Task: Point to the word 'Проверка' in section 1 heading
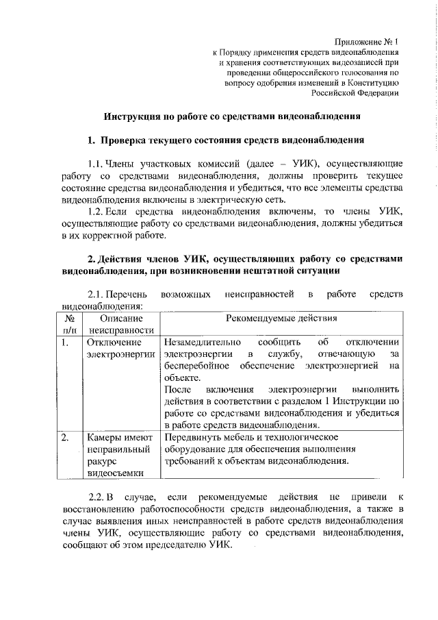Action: (127, 140)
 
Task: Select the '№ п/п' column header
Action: (68, 325)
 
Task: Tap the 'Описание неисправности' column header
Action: (120, 325)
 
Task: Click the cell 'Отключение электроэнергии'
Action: (120, 348)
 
